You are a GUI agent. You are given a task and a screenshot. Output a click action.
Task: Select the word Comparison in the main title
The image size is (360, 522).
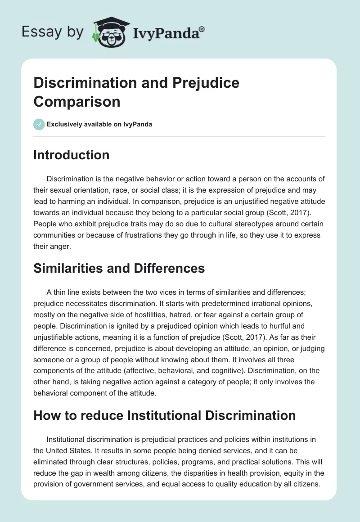77,101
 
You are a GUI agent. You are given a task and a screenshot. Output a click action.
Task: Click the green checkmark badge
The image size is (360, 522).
39,124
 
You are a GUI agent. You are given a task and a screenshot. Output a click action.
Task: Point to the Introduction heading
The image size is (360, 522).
72,155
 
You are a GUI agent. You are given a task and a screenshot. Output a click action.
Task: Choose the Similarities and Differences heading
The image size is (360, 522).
119,268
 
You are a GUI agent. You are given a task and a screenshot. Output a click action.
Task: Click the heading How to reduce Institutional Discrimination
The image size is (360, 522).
165,415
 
